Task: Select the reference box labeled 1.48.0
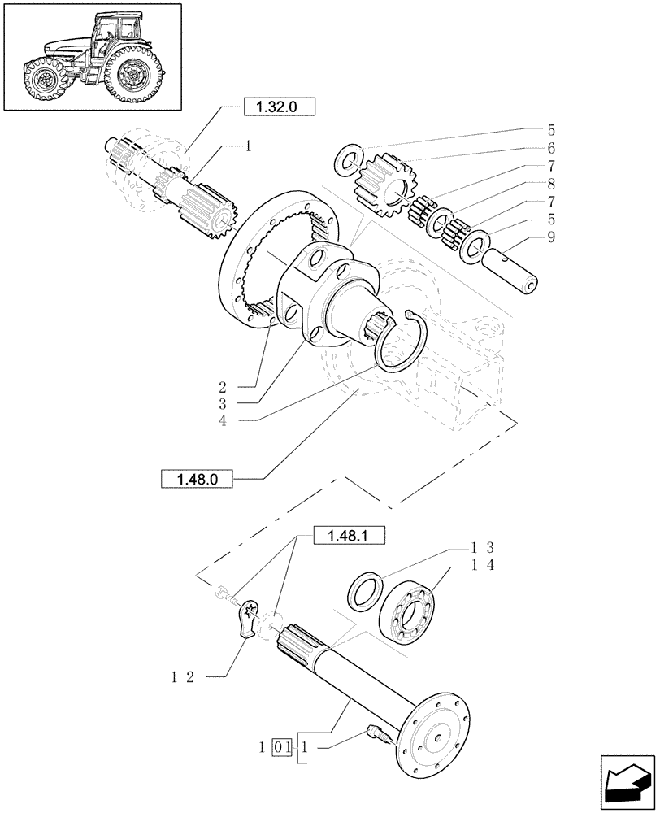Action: tap(197, 480)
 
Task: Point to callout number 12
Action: tap(181, 676)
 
